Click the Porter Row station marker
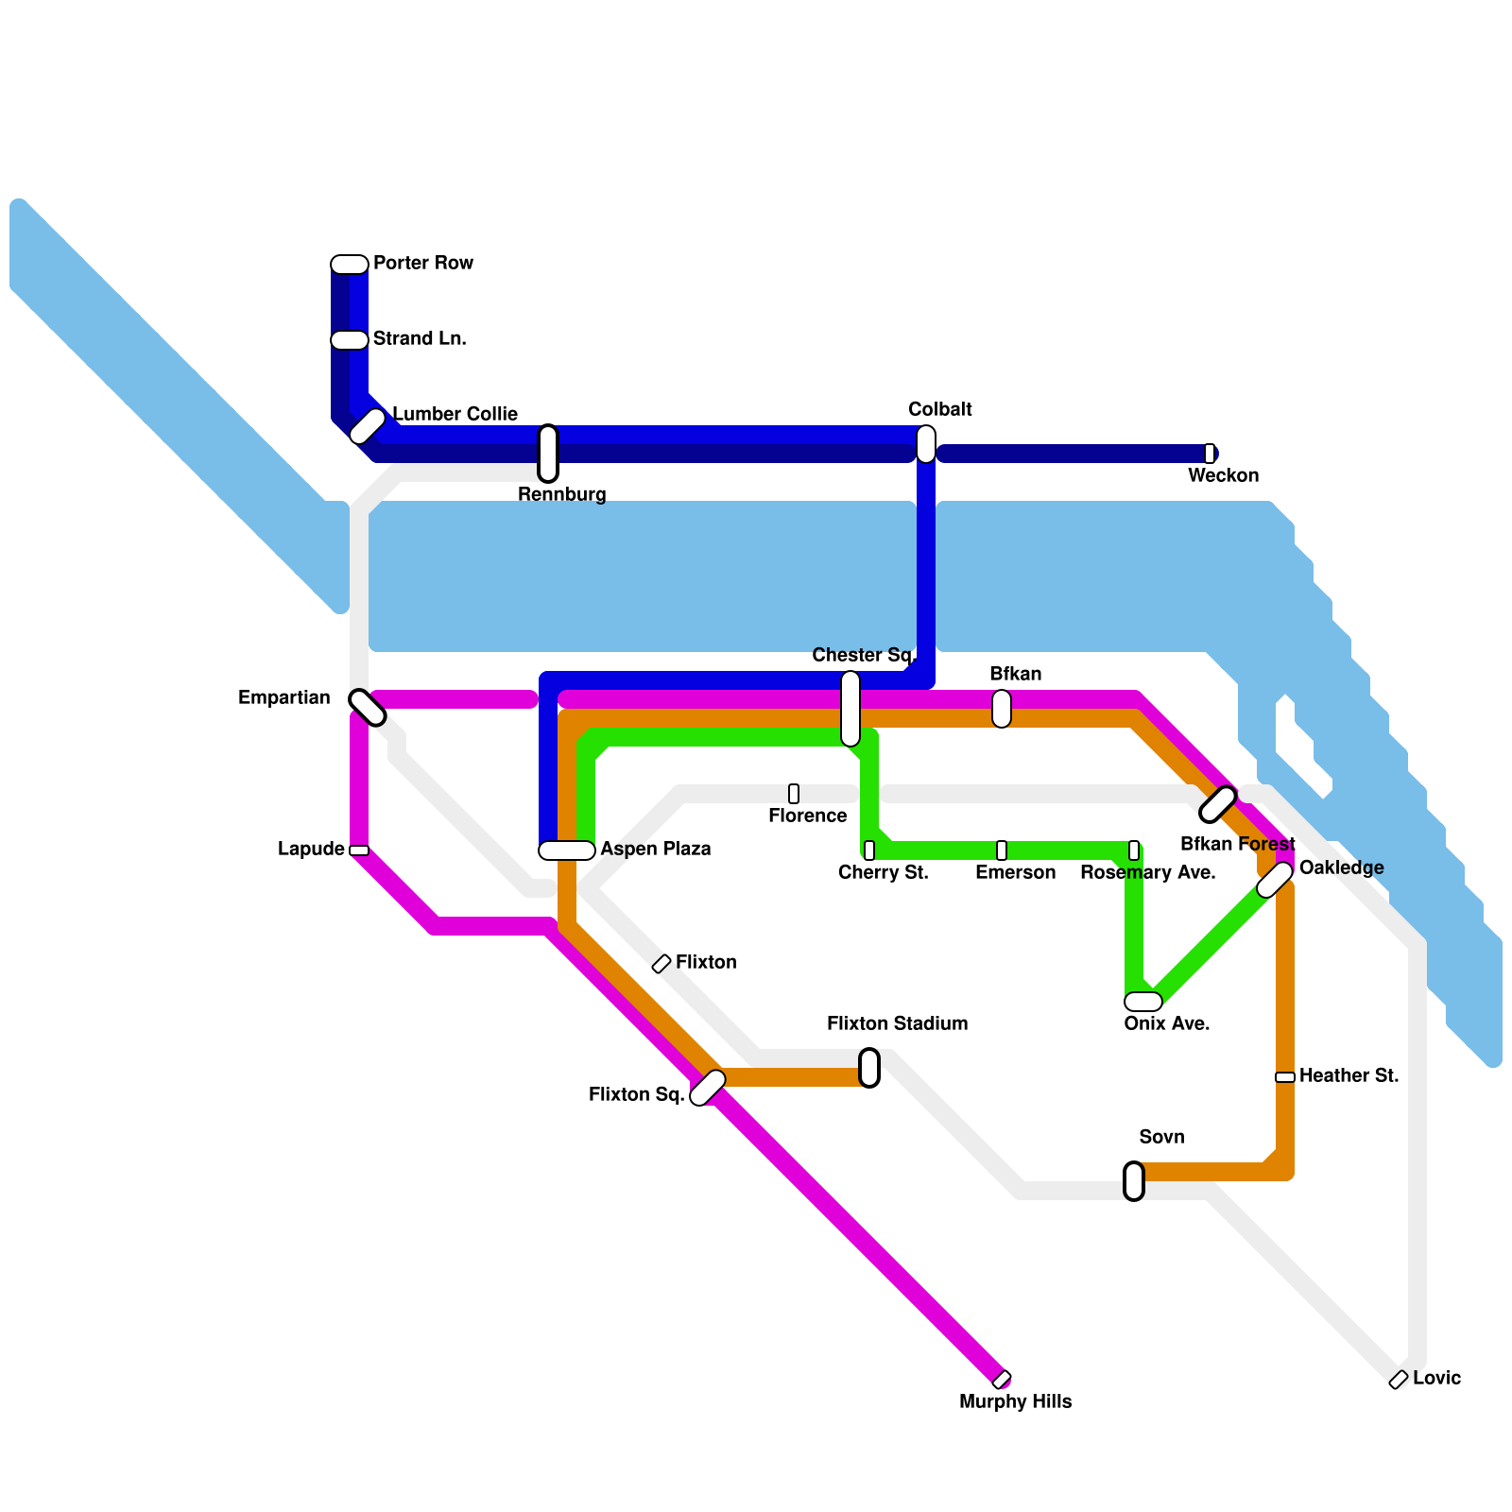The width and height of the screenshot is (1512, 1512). pos(350,265)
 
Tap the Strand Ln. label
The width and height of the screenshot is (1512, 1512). pos(420,338)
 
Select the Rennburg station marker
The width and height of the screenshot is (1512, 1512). pos(548,454)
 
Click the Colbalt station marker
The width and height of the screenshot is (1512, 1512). pos(926,444)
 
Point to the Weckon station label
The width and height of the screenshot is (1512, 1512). pos(1223,475)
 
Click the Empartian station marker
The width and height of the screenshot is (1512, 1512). pos(367,708)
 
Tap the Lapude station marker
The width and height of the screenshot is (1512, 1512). pos(359,850)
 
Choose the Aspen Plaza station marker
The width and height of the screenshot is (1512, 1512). pos(567,850)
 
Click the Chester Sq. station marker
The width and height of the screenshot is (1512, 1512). pos(850,709)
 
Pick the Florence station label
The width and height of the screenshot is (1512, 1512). pos(807,816)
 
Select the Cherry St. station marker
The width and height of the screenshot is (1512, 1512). pos(869,850)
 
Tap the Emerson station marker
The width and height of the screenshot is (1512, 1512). pos(1002,850)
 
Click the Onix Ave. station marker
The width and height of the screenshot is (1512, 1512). pos(1143,1002)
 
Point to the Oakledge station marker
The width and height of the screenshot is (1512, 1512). pos(1275,880)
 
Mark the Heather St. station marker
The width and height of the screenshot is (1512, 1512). pos(1285,1077)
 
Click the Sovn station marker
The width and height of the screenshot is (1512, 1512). pos(1134,1181)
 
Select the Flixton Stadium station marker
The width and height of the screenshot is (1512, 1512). pos(869,1068)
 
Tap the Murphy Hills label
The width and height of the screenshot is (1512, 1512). pos(1015,1401)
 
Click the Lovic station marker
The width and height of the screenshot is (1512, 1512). pos(1399,1381)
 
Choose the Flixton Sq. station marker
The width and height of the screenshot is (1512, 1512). pos(708,1088)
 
